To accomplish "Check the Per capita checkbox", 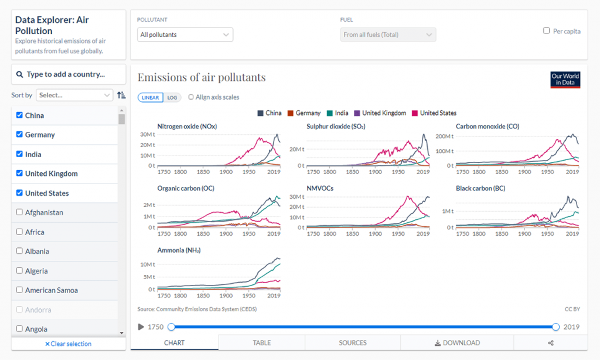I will click(x=547, y=31).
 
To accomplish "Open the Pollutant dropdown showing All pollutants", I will click(x=185, y=35).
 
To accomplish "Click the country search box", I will click(x=69, y=74).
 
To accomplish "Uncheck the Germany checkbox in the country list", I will click(x=20, y=135).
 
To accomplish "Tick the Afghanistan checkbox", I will click(x=20, y=212).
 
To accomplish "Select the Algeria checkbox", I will click(x=20, y=271).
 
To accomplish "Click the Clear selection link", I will click(x=68, y=344).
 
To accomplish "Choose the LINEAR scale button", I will click(x=150, y=97).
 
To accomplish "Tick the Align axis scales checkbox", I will click(x=191, y=97).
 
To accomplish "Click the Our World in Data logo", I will click(x=565, y=80).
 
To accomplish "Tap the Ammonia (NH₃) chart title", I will click(x=179, y=250).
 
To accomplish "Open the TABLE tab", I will click(x=262, y=343).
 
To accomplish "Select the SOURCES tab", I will click(x=353, y=343).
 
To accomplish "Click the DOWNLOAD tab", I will click(x=457, y=343).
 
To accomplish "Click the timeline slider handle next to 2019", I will click(x=555, y=327).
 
